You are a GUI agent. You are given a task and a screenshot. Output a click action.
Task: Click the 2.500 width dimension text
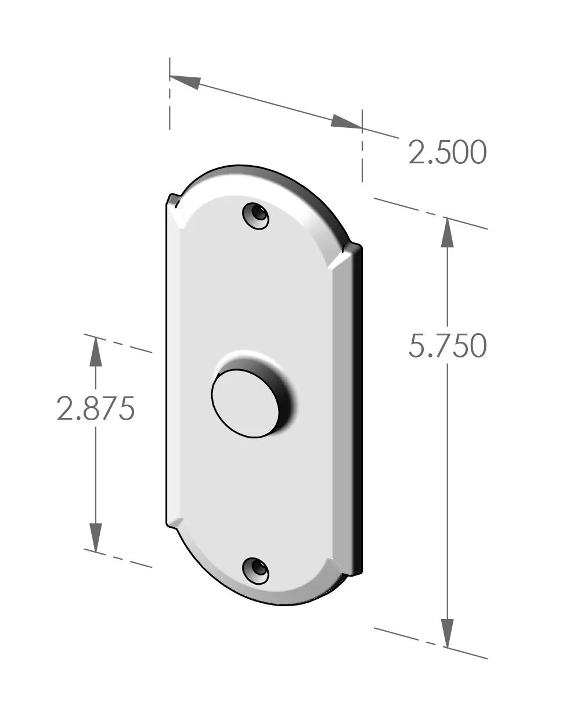[446, 153]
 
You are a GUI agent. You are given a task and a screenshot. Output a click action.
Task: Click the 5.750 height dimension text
[446, 346]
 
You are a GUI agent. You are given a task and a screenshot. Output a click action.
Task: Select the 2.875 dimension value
[96, 408]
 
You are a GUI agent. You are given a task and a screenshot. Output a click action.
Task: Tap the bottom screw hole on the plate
[255, 570]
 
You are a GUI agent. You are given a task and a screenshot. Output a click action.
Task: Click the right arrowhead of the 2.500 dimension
[345, 122]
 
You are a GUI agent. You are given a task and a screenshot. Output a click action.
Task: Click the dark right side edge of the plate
[359, 407]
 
